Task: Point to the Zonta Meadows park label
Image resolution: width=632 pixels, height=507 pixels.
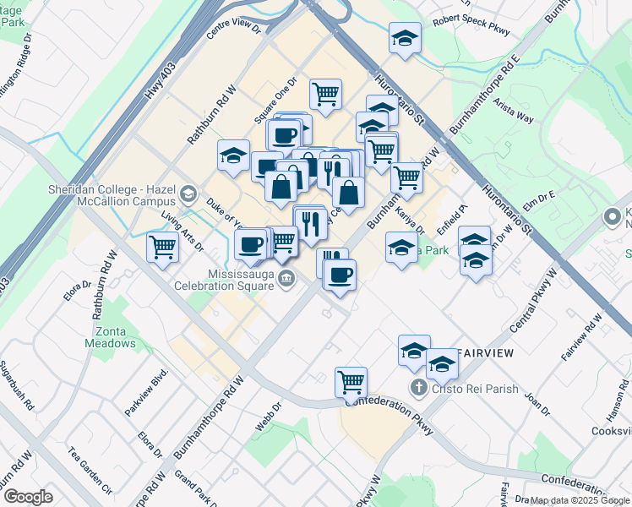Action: click(110, 337)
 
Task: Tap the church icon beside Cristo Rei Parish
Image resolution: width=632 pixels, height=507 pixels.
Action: click(417, 388)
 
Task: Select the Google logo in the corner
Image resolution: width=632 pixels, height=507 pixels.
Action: click(28, 496)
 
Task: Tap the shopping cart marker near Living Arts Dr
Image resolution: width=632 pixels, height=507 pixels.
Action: click(161, 248)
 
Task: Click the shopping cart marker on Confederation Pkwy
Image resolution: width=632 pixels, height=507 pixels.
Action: click(351, 381)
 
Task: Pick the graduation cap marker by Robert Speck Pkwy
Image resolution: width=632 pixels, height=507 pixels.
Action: click(405, 38)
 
